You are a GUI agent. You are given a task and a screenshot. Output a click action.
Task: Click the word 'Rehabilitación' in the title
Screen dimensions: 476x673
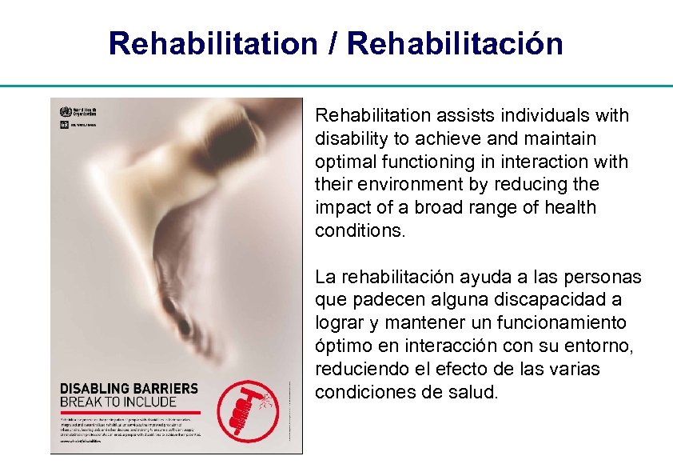point(456,44)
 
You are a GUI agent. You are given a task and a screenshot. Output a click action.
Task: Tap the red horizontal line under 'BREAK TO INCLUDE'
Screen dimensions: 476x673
point(129,411)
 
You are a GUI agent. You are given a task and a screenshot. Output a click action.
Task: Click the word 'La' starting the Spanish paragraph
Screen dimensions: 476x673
point(325,278)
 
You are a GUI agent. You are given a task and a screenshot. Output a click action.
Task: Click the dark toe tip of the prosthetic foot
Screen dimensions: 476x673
point(185,326)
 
